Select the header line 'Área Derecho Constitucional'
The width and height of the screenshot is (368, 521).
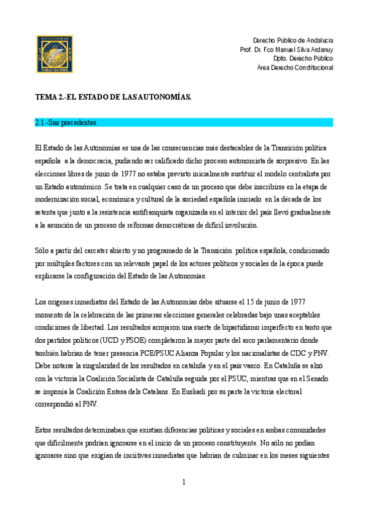294,68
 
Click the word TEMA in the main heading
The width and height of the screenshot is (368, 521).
45,97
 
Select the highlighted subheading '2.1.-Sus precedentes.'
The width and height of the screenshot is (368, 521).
66,123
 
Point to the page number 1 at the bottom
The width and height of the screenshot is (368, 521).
184,483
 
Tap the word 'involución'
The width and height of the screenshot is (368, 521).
220,225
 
